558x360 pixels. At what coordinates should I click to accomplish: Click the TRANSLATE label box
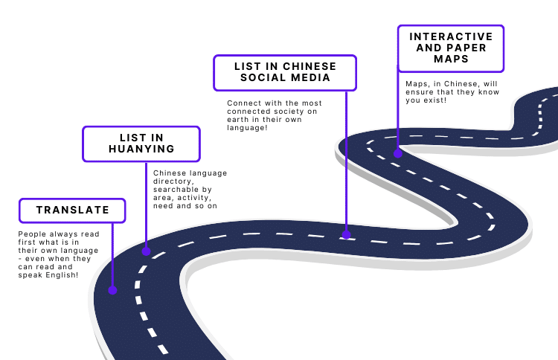tap(72, 210)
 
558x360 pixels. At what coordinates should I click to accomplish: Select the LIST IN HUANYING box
tap(141, 144)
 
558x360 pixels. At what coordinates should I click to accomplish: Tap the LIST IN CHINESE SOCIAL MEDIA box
tap(285, 73)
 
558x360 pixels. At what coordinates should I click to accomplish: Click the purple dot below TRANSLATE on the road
tap(112, 290)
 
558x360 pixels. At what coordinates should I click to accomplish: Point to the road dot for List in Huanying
tap(147, 251)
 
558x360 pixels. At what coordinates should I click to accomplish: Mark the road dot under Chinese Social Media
tap(346, 234)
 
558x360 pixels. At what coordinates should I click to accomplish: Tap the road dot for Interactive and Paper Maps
tap(399, 153)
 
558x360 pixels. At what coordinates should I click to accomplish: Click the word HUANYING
tap(141, 150)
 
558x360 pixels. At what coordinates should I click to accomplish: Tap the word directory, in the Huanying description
tap(173, 181)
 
